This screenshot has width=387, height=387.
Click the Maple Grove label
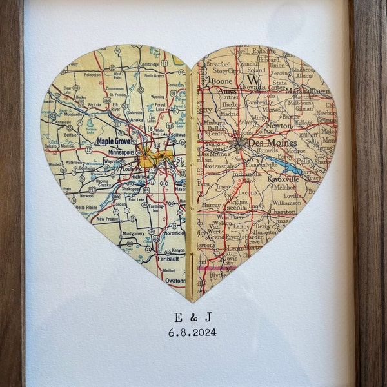(113, 140)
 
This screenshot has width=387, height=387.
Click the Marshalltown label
(312, 90)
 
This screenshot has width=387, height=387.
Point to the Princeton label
(92, 75)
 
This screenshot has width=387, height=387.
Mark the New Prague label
(108, 219)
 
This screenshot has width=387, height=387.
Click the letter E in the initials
(176, 317)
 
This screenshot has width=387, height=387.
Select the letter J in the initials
(208, 317)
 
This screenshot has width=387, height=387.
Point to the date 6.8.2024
(192, 333)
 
